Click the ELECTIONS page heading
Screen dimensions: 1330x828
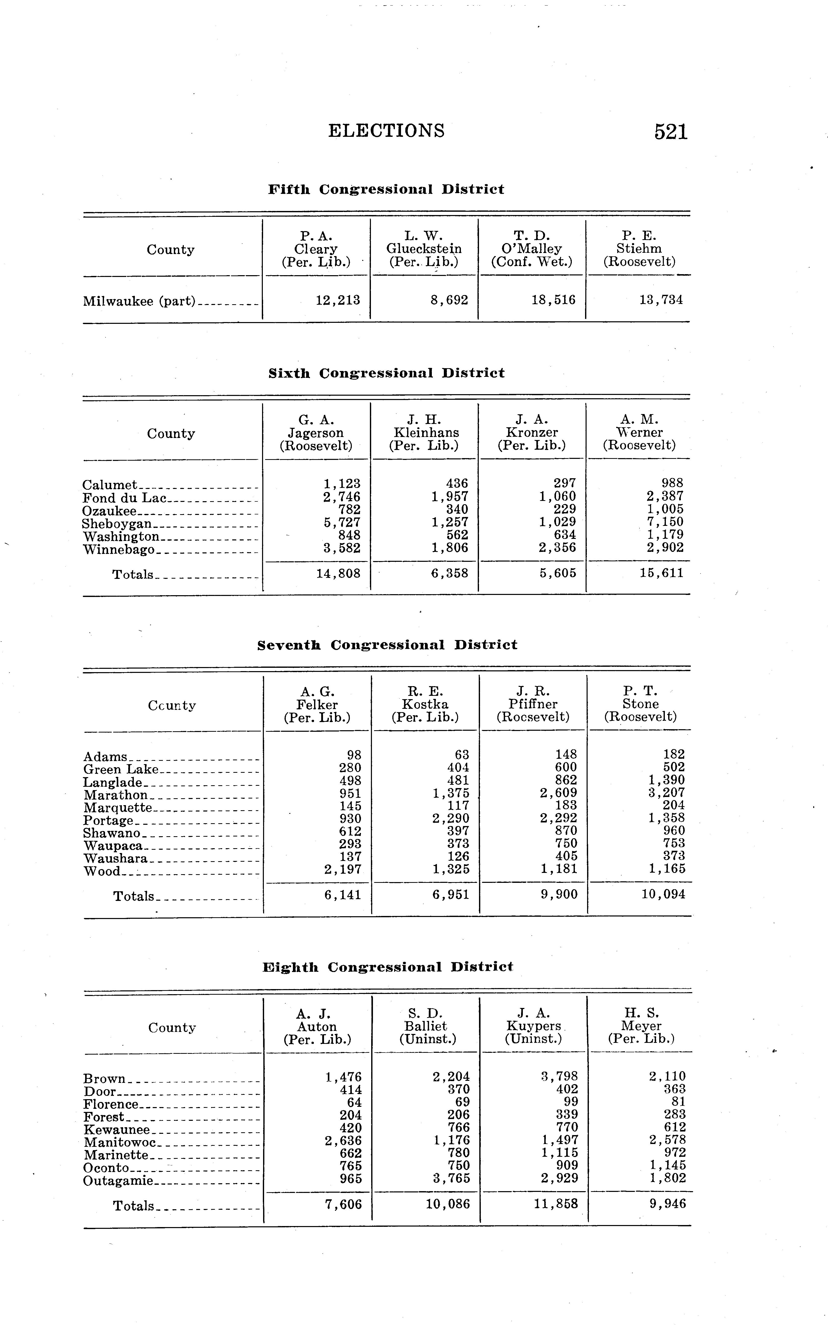coord(386,131)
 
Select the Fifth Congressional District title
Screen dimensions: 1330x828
coord(386,189)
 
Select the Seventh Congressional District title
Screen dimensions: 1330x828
coord(387,645)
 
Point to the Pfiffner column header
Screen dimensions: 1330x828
coord(533,704)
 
